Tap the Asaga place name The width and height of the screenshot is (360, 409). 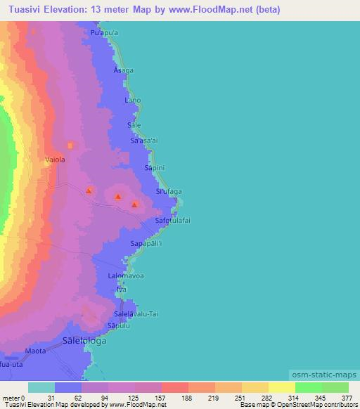(x=122, y=72)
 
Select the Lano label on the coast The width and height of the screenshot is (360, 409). (x=132, y=100)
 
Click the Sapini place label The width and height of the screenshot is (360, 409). (x=154, y=169)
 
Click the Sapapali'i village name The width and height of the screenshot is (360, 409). (x=146, y=244)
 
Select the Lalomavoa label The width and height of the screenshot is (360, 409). (x=126, y=276)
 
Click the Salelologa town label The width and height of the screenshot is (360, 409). (x=84, y=341)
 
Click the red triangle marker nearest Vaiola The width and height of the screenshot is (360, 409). (x=89, y=190)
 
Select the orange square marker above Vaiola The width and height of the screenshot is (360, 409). (x=70, y=145)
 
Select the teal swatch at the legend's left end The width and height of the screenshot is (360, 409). (x=41, y=387)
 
